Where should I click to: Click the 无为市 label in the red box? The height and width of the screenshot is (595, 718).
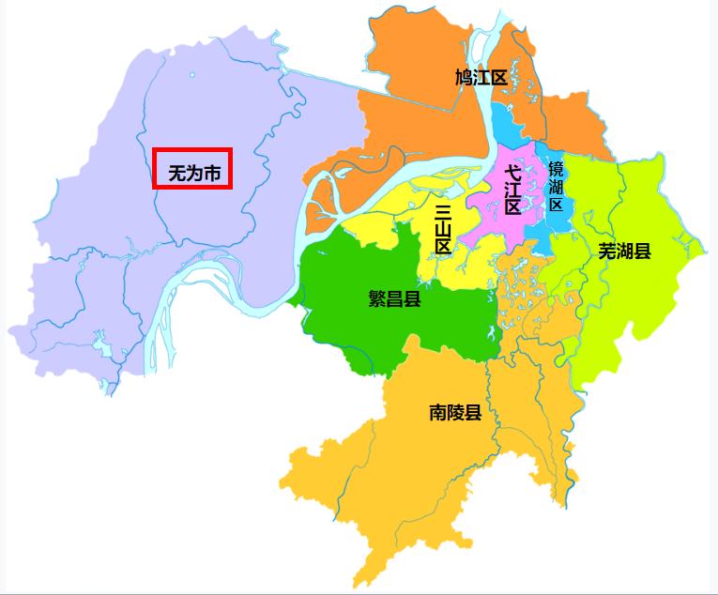click(192, 174)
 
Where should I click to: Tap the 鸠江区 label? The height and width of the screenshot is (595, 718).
click(481, 77)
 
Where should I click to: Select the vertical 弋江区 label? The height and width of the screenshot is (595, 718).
click(512, 191)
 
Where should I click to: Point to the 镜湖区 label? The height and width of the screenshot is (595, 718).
click(556, 186)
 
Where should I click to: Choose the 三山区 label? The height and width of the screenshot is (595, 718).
click(443, 229)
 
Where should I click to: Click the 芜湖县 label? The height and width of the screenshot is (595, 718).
click(624, 252)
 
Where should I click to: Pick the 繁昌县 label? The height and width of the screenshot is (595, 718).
click(394, 299)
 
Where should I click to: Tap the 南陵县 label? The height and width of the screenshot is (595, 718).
click(455, 412)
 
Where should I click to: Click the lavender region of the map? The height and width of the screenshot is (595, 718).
click(113, 235)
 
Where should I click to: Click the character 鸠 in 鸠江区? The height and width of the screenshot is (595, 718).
click(464, 77)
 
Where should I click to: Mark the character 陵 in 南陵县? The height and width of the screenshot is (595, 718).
click(455, 412)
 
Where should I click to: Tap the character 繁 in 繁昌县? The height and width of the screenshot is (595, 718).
click(377, 299)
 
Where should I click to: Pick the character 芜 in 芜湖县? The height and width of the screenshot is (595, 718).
click(607, 252)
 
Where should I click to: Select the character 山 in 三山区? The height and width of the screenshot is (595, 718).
click(443, 229)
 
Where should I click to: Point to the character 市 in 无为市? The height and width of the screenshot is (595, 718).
click(213, 174)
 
